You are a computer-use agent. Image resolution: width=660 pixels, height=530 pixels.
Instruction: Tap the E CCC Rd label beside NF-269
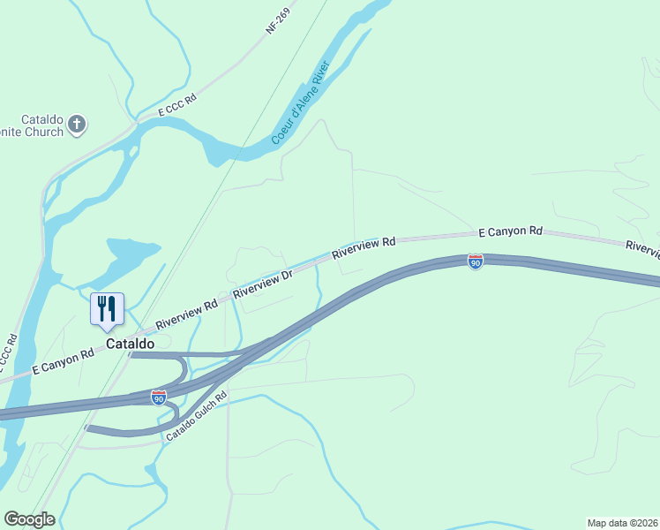(x=176, y=105)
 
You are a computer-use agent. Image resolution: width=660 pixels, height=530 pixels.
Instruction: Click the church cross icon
(x=77, y=124)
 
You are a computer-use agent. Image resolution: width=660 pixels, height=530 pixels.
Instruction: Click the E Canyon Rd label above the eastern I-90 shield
(x=510, y=231)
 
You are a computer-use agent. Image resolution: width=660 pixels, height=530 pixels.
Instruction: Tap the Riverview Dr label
(x=262, y=283)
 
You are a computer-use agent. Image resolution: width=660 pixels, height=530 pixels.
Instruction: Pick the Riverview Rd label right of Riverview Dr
(x=364, y=246)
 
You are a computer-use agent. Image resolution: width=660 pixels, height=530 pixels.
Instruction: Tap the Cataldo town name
(x=130, y=343)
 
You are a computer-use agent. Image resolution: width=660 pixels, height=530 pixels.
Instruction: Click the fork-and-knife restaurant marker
(x=107, y=308)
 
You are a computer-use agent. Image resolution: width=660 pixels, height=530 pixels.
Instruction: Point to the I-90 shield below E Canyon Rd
(x=475, y=261)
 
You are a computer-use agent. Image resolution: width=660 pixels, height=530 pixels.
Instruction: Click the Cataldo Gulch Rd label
(x=197, y=416)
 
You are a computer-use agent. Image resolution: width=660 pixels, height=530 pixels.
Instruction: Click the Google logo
(x=29, y=519)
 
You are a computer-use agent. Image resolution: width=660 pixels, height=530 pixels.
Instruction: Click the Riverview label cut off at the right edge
(x=643, y=249)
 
